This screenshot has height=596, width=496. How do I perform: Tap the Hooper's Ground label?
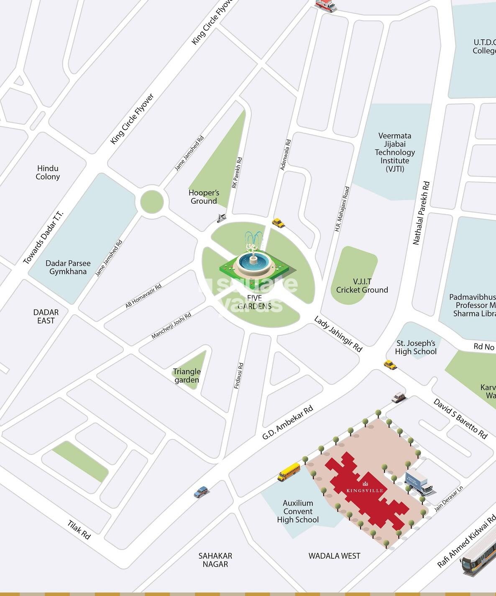(204, 197)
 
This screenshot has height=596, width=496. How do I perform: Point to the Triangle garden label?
(187, 375)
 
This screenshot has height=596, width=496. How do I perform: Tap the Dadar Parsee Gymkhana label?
(68, 267)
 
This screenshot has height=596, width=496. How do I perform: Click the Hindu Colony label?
(48, 172)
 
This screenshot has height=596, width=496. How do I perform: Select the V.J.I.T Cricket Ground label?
(362, 285)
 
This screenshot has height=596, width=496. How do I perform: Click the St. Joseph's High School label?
(415, 347)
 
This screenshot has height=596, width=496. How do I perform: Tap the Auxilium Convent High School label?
(298, 511)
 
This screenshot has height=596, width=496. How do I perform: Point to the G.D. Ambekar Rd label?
(287, 422)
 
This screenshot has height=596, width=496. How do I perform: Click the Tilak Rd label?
(79, 529)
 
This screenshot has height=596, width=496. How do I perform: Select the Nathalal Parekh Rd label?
(421, 213)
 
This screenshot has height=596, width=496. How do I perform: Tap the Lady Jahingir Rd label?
(338, 334)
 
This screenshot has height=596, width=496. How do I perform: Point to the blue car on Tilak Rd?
(201, 492)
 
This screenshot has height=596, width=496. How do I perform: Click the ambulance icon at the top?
(325, 5)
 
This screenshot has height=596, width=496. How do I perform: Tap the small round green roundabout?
(152, 202)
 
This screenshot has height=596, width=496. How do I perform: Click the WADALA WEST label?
(334, 556)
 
